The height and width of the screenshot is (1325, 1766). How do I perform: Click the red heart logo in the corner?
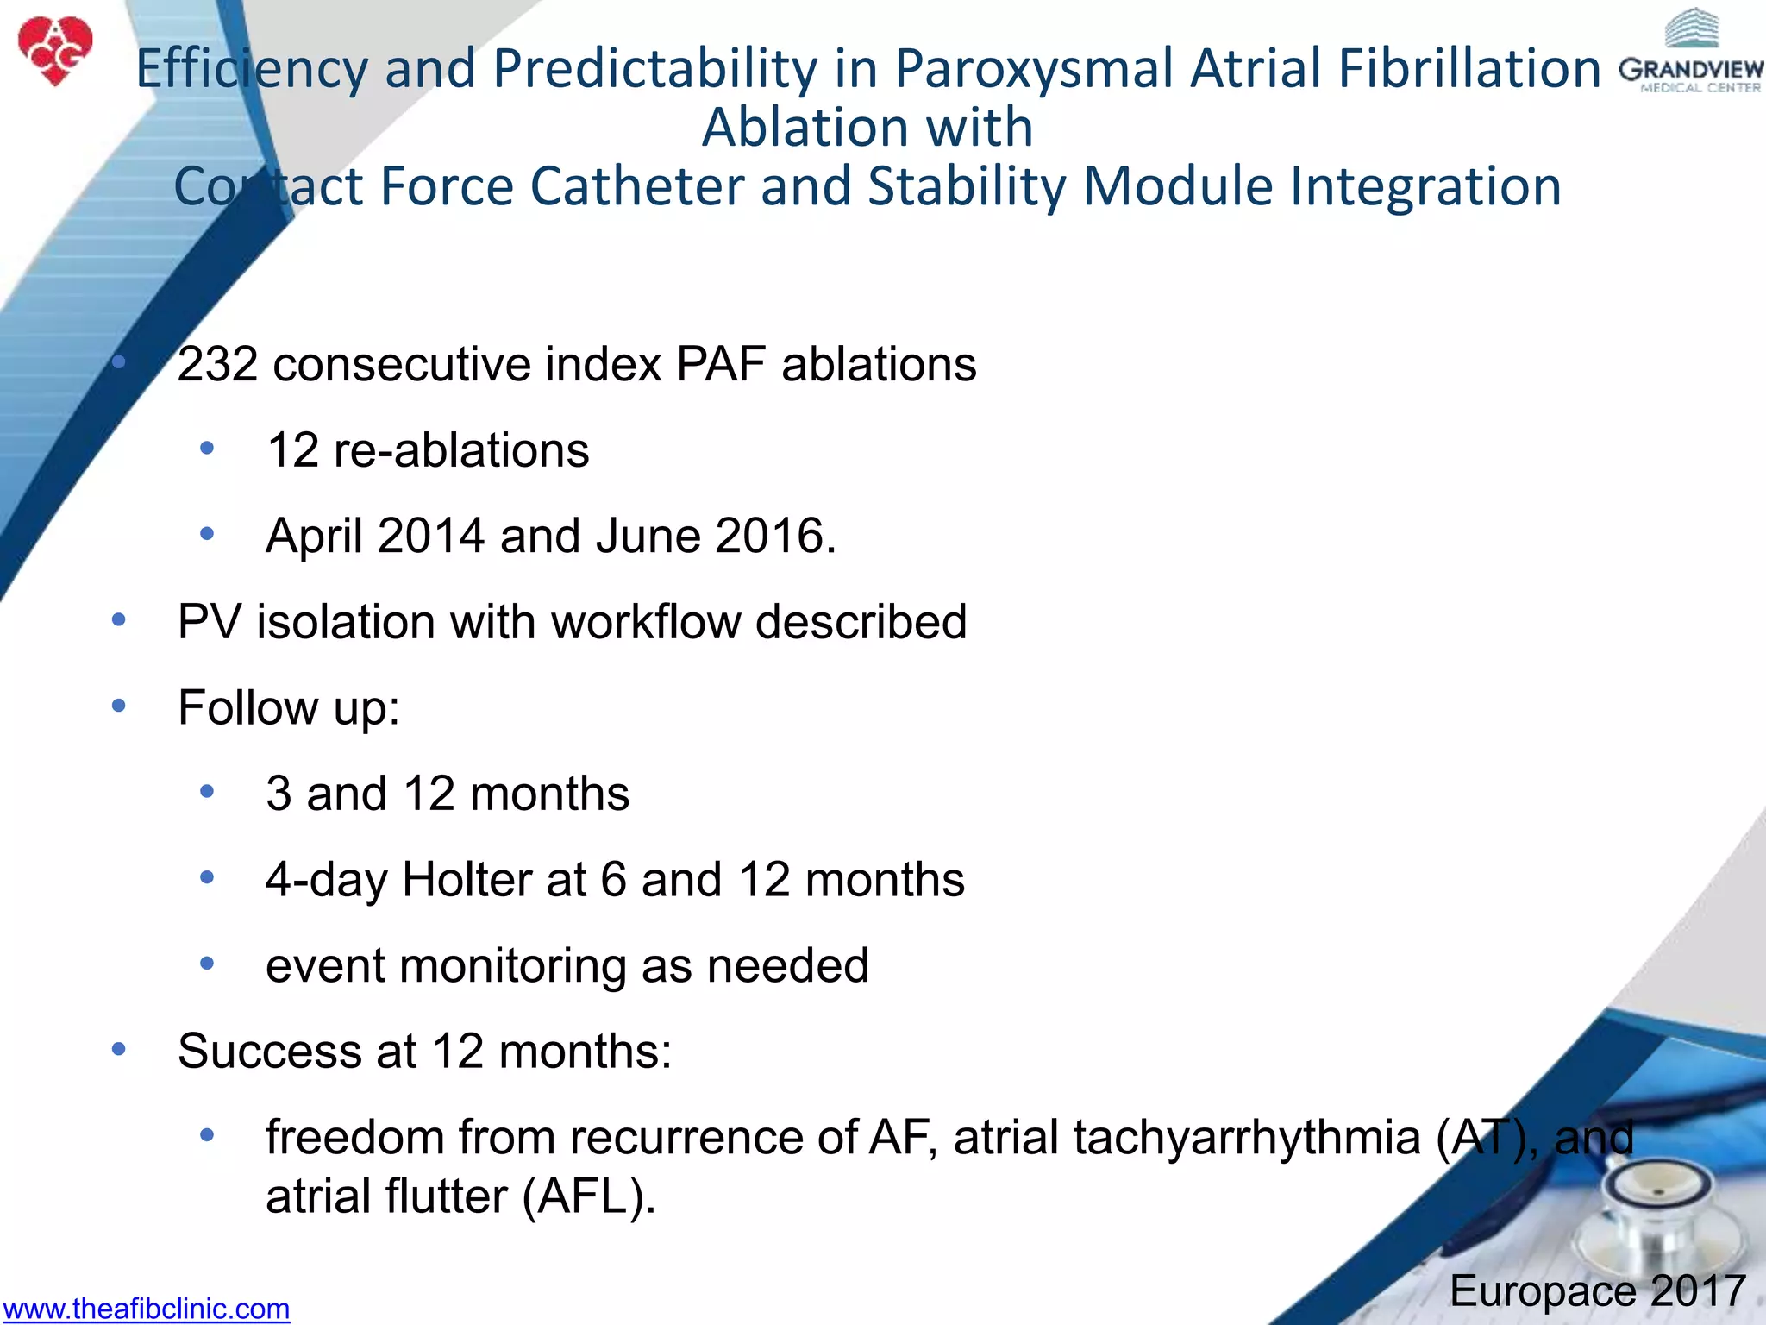55,50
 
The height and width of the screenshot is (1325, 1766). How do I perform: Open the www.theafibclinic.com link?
146,1309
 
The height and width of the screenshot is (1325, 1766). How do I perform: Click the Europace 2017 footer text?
1598,1291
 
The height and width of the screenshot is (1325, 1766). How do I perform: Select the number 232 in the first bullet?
217,364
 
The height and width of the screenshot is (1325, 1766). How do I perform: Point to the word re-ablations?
460,450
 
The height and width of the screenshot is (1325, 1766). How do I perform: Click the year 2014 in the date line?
430,536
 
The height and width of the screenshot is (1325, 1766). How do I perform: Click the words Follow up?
289,708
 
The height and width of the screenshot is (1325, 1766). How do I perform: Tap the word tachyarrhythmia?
1247,1137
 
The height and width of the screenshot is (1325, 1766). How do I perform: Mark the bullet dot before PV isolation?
119,620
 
